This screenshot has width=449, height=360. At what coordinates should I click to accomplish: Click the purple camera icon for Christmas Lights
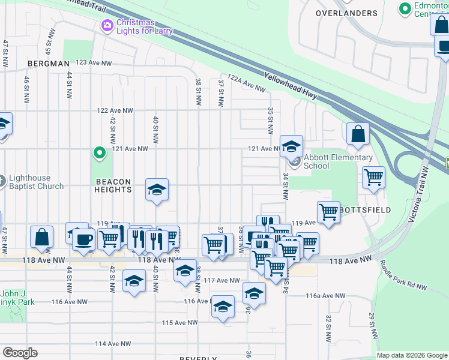[107, 25]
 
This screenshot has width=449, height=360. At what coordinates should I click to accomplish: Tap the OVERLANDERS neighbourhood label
[347, 13]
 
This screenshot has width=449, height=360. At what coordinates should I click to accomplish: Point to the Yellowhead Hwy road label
[294, 88]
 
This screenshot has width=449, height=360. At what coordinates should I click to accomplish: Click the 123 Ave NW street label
[94, 62]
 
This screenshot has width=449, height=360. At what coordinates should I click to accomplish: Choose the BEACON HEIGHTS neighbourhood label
[112, 185]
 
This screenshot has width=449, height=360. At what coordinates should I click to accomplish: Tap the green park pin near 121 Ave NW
[100, 153]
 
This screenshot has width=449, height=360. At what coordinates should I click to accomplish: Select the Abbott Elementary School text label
[338, 161]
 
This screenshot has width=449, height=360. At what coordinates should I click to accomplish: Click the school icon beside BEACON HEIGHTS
[156, 190]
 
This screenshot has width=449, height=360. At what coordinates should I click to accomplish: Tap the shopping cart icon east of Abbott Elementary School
[373, 178]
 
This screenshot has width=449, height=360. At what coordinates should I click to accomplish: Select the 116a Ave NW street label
[325, 296]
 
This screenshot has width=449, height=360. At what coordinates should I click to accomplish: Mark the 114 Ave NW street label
[112, 344]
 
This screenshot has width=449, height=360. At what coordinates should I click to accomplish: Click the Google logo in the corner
[20, 353]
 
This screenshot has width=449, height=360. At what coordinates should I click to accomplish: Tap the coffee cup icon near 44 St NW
[83, 239]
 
